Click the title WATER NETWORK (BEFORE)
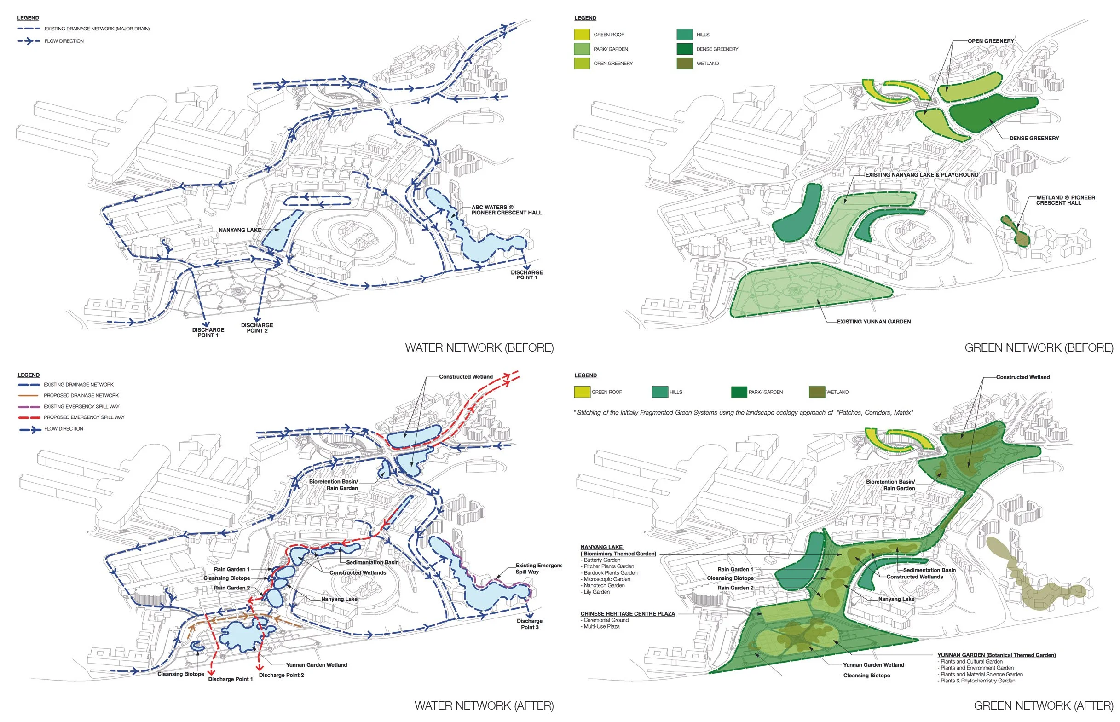point(479,347)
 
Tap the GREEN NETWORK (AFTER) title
point(1043,705)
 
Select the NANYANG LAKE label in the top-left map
point(240,230)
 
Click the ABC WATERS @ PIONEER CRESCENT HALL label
point(506,210)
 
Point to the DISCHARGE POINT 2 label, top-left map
point(257,328)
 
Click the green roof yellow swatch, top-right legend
point(582,35)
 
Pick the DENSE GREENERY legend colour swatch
point(685,49)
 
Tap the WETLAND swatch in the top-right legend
point(685,64)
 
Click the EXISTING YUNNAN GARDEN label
point(873,322)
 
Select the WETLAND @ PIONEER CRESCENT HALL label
point(1065,200)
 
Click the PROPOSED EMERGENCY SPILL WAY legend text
point(84,417)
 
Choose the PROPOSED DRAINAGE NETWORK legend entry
point(81,395)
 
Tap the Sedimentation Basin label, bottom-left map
point(372,562)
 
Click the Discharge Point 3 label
point(529,624)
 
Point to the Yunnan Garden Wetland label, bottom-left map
point(317,665)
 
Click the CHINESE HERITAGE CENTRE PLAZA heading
point(627,614)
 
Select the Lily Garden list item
point(596,592)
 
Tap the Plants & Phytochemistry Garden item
point(977,681)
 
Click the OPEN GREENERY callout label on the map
point(991,41)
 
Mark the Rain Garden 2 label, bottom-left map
point(231,588)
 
